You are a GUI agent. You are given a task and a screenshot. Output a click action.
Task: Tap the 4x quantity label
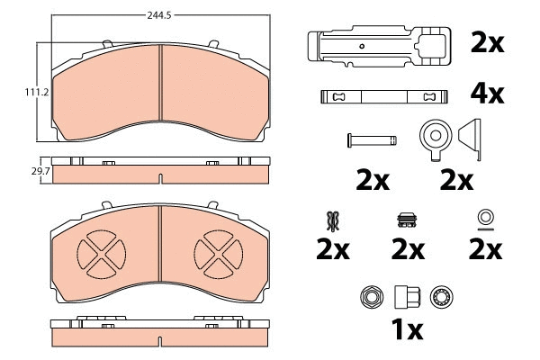click(x=488, y=94)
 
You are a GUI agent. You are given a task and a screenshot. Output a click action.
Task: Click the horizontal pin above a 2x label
click(x=372, y=139)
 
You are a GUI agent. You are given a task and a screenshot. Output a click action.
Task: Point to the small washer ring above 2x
click(x=485, y=217)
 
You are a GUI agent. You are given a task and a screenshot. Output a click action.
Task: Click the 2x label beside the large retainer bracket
click(x=488, y=41)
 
